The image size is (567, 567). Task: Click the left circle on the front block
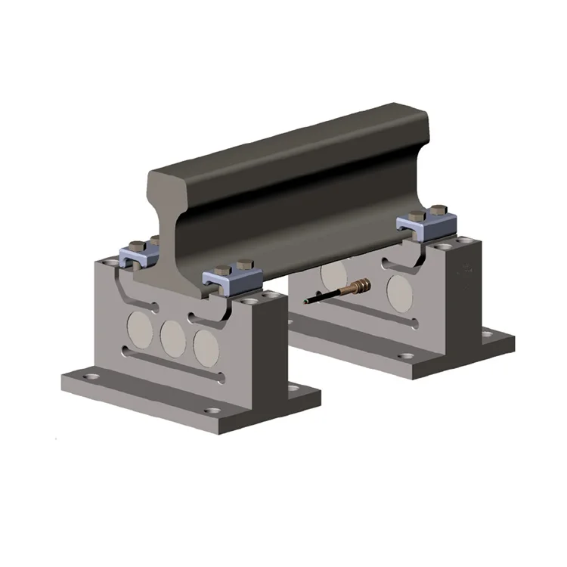coord(139,327)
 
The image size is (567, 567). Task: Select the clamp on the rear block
coord(427,225)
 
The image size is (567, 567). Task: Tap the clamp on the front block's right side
coord(231,280)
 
